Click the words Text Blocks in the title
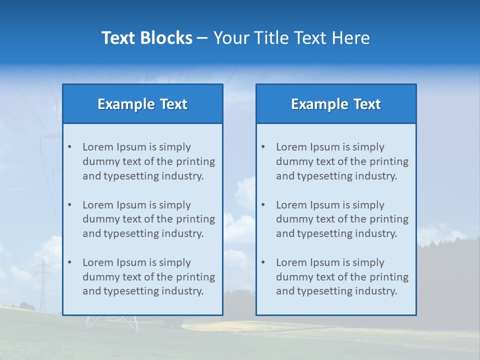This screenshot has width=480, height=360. click(146, 38)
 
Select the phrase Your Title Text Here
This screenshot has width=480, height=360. click(291, 38)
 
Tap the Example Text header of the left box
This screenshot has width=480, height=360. click(142, 104)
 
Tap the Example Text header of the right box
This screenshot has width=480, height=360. click(336, 104)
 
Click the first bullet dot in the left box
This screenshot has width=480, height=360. click(69, 147)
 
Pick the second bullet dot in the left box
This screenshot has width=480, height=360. click(69, 205)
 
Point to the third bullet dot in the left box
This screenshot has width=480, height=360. click(69, 262)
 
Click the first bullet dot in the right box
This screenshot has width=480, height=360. click(263, 147)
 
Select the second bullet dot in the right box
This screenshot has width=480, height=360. click(263, 205)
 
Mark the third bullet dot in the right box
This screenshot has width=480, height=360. click(263, 262)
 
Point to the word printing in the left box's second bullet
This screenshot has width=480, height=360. click(196, 219)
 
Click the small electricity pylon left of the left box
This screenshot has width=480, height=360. click(43, 285)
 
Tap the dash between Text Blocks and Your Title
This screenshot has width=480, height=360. click(202, 38)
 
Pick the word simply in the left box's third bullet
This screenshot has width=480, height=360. click(175, 262)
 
